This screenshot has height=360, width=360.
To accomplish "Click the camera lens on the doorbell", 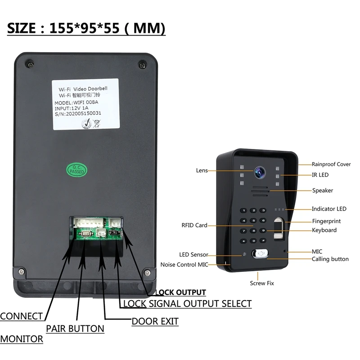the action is click(x=259, y=171).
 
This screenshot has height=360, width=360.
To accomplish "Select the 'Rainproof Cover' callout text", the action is click(x=331, y=165).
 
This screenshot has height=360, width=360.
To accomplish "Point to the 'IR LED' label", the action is click(x=321, y=175).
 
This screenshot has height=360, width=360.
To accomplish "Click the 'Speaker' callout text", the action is click(x=323, y=190).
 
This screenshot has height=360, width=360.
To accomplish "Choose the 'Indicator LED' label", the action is click(x=329, y=209).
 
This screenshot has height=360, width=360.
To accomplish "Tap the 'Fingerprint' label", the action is click(x=326, y=221).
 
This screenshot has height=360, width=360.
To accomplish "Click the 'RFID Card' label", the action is click(x=195, y=225).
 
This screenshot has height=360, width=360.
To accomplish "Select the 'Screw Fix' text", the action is click(x=262, y=283).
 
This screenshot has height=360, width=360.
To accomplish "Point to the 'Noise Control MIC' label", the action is click(x=184, y=265).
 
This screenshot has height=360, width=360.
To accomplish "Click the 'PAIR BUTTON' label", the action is click(x=75, y=328).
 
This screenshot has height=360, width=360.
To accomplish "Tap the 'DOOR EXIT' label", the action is click(x=155, y=321).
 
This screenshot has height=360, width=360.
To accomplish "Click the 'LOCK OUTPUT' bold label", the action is click(x=179, y=292).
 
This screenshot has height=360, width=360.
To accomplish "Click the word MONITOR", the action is click(x=22, y=339).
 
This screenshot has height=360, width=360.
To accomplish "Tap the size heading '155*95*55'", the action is click(x=94, y=28).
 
